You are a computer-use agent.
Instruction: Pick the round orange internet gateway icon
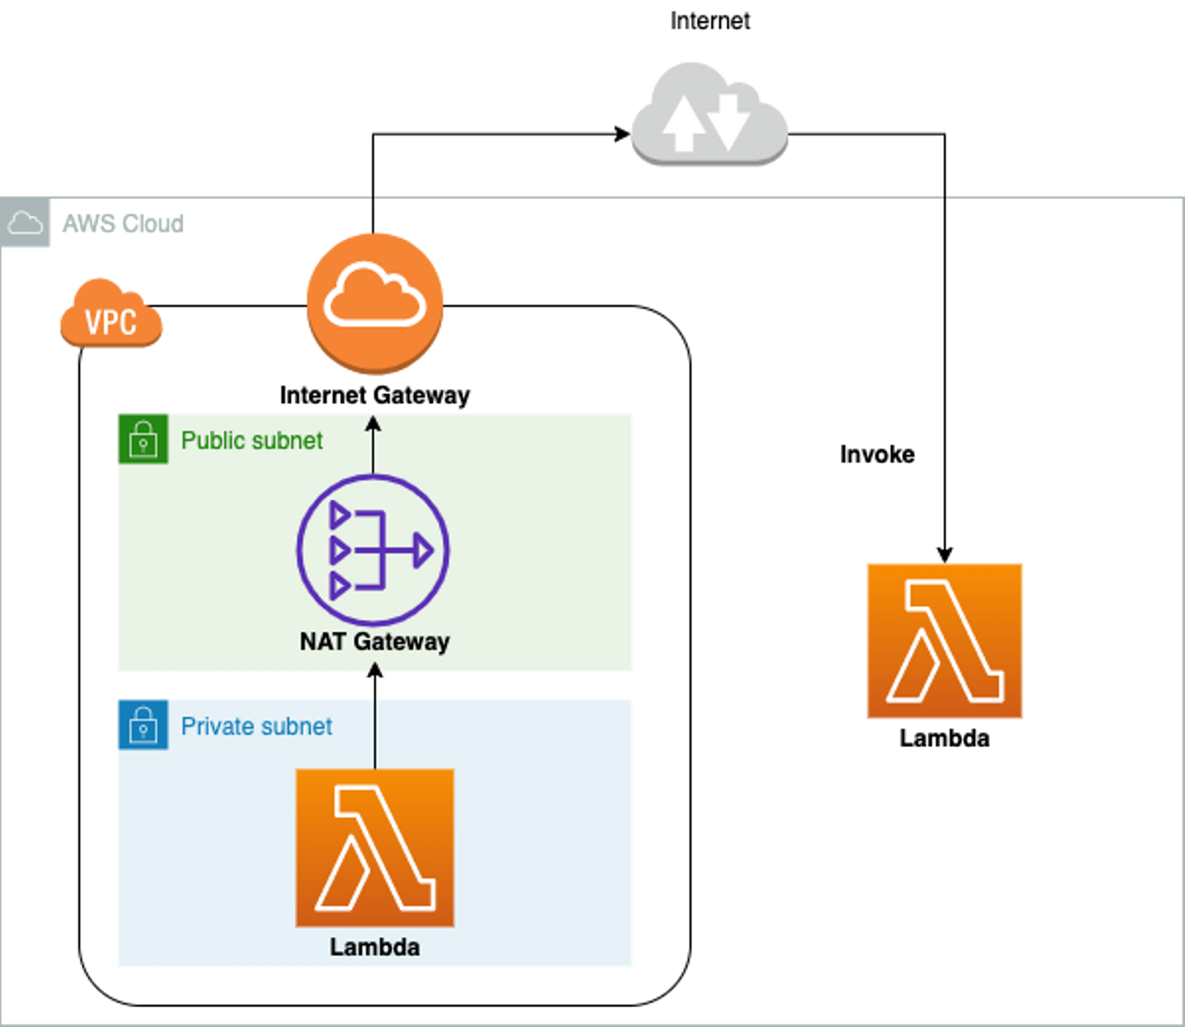click(375, 303)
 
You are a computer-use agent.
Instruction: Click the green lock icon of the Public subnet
click(142, 438)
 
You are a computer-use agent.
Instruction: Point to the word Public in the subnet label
click(211, 441)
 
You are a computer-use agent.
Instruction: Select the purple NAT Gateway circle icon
click(373, 550)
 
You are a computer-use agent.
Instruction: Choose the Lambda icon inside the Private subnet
click(374, 848)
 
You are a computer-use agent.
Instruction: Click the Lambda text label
click(374, 947)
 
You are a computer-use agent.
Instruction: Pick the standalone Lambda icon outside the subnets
click(944, 641)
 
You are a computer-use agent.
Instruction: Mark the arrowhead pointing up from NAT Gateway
click(373, 424)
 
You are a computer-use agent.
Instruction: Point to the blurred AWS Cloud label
click(123, 223)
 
